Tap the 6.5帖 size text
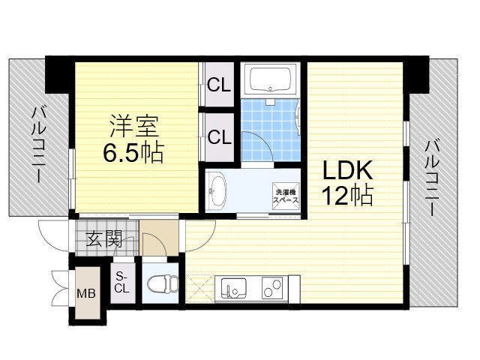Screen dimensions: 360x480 [x=133, y=154]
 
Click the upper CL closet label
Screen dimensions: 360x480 [x=219, y=84]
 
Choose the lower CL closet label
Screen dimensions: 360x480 [x=219, y=137]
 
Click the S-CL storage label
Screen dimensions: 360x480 [x=122, y=283]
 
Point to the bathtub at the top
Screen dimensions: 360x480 [x=271, y=80]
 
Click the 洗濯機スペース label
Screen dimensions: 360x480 [x=285, y=196]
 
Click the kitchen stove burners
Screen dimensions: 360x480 [x=274, y=286]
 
